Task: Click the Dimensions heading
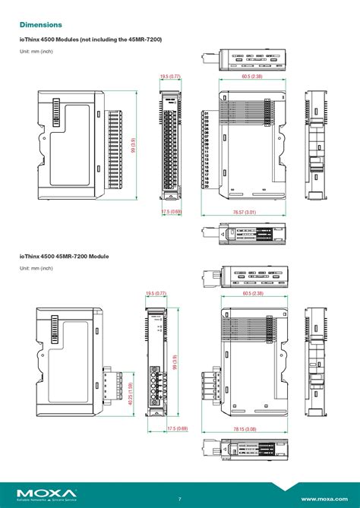[x=41, y=25]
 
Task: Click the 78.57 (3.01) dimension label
[x=244, y=213]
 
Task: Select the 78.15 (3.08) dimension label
[x=245, y=429]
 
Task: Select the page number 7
[x=180, y=499]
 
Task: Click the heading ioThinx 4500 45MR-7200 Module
[x=64, y=256]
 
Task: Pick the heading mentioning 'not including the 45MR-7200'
[x=90, y=39]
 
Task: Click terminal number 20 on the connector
[x=206, y=185]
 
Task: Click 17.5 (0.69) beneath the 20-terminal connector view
[x=171, y=212]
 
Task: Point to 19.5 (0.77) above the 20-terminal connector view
[x=170, y=77]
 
